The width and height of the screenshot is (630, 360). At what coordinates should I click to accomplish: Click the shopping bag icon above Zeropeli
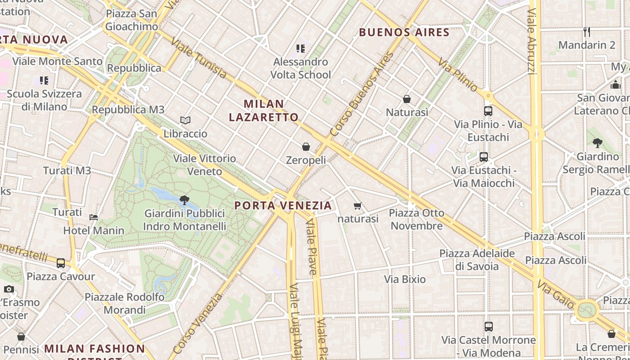[x=306, y=147]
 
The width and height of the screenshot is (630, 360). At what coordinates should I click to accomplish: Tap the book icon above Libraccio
[x=185, y=120]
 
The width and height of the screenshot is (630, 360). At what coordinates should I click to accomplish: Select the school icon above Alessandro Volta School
[x=301, y=48]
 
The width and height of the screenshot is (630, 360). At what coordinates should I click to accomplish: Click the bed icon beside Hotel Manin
[x=94, y=217]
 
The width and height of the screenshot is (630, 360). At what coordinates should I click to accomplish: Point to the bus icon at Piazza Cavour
[x=61, y=263]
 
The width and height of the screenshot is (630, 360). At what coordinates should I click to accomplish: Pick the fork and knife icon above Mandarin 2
[x=587, y=31]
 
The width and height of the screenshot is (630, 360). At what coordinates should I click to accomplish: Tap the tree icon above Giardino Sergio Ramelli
[x=598, y=144]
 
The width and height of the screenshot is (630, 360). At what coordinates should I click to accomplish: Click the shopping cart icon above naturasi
[x=358, y=206]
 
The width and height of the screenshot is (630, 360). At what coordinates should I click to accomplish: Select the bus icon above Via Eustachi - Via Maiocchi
[x=484, y=157]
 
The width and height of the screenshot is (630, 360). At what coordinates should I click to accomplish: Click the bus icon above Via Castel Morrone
[x=489, y=327]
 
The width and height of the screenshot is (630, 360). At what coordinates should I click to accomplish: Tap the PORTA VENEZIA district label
[x=283, y=206]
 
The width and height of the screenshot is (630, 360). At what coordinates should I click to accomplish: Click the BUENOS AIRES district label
[x=404, y=32]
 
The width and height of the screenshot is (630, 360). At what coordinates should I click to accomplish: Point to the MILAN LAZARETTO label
[x=264, y=111]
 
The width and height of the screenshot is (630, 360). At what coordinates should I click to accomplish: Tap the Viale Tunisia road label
[x=198, y=58]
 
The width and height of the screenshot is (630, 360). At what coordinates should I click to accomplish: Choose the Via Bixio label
[x=405, y=279]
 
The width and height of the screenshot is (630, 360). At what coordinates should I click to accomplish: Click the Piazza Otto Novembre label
[x=417, y=219]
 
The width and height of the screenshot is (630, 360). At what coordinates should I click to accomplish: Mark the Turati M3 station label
[x=67, y=171]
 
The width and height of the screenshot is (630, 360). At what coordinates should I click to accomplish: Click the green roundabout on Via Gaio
[x=587, y=310]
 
